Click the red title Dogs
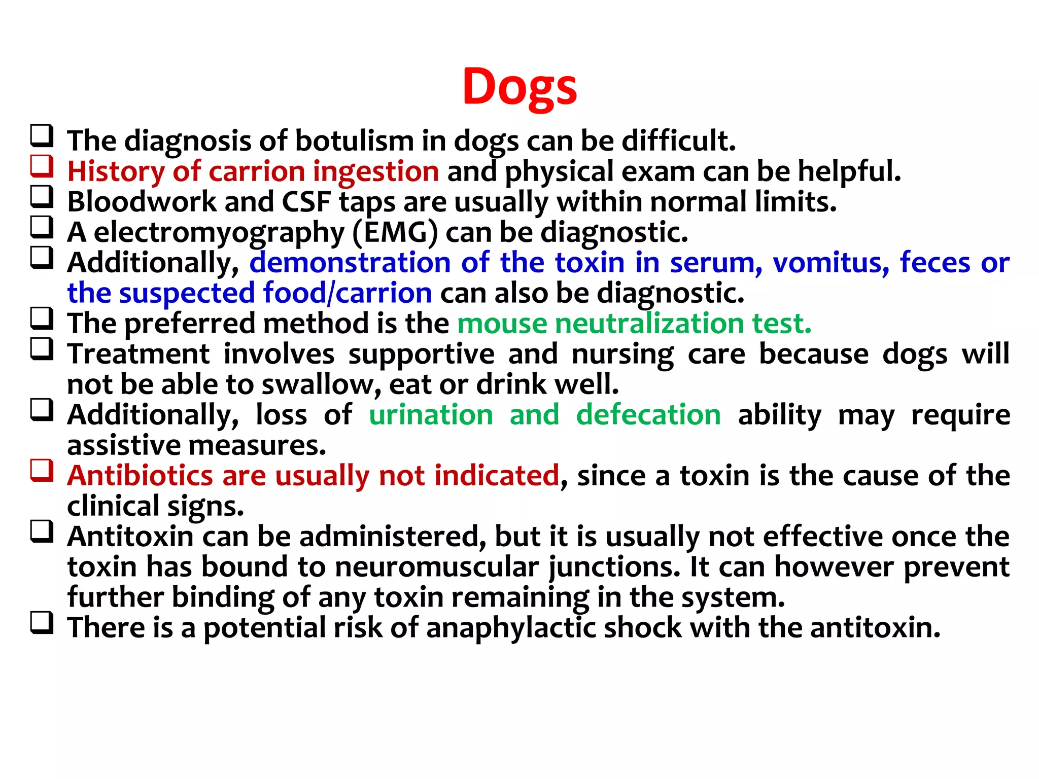(x=519, y=87)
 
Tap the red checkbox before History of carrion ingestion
(x=42, y=166)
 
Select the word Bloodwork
(x=142, y=202)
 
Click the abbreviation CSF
(x=306, y=202)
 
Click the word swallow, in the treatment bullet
(x=321, y=384)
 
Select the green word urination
(x=431, y=415)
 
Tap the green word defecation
(x=648, y=415)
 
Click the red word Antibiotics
(x=140, y=476)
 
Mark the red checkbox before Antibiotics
(x=42, y=470)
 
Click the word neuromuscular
(x=436, y=567)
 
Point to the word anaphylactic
(x=511, y=628)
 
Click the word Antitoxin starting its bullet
(x=130, y=537)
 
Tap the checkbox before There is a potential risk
(x=42, y=622)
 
